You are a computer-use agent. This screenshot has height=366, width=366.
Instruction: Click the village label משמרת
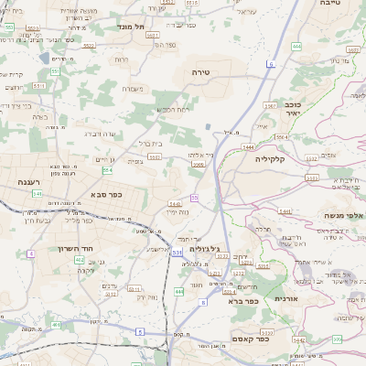coord(133,89)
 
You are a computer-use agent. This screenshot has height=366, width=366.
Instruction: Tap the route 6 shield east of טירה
coord(271,63)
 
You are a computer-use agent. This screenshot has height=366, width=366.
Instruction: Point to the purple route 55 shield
coord(195,198)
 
